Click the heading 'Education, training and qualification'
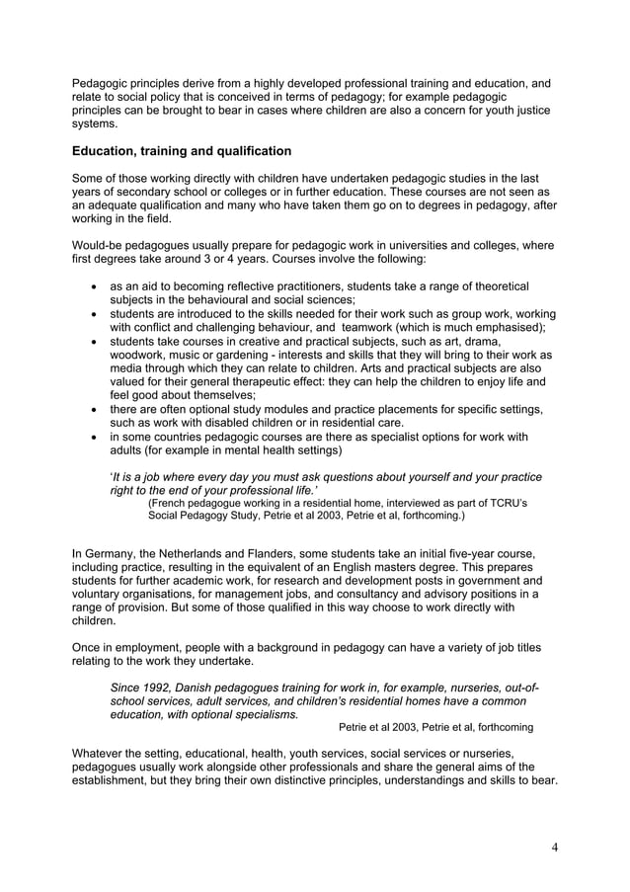pos(182,151)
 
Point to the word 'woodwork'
pos(139,354)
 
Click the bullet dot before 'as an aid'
pos(93,286)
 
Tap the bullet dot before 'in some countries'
pos(93,436)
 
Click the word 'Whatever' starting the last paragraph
pos(101,753)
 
